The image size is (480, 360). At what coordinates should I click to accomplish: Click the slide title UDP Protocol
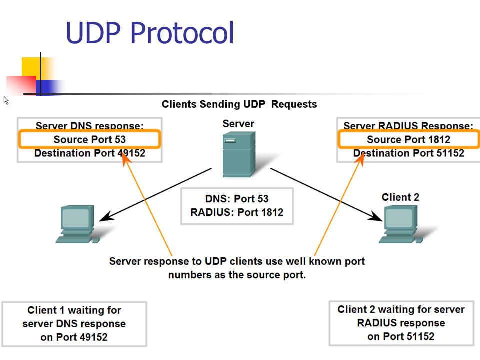point(150,33)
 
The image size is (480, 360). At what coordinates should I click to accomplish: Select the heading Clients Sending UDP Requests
point(239,104)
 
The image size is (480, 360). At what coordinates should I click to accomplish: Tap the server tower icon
point(239,154)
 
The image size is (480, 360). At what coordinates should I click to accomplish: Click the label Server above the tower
point(238,124)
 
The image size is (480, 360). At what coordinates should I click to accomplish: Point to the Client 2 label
point(400,197)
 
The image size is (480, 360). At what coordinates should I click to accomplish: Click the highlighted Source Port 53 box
point(89,139)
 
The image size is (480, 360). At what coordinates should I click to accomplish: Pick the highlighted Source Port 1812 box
point(408,139)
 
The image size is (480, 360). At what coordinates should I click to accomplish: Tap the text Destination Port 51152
point(408,153)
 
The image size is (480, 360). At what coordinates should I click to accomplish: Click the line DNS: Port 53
point(237,199)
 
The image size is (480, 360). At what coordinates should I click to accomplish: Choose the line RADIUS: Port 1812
point(237,212)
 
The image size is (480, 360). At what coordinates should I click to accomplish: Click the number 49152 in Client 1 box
point(93,337)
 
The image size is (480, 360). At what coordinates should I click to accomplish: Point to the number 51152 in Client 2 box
point(420,336)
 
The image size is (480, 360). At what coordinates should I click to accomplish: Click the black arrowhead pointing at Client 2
point(375,216)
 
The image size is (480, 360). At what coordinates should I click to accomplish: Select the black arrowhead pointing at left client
point(107,216)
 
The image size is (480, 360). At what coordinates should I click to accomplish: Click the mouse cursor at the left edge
point(6,100)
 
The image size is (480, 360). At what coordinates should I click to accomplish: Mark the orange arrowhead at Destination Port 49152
point(126,159)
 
